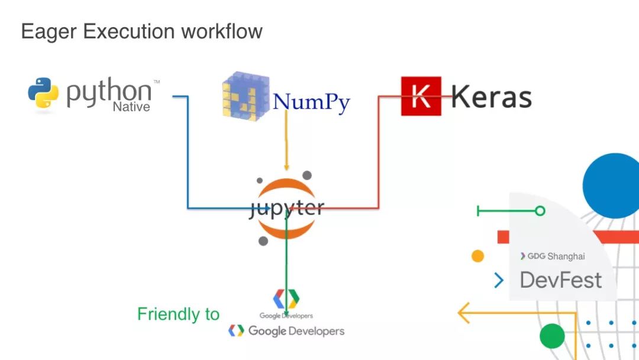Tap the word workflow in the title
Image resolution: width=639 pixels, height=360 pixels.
click(221, 31)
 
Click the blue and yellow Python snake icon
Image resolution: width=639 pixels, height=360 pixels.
click(43, 94)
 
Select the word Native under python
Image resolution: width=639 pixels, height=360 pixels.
click(131, 107)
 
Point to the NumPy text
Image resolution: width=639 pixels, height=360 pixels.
click(311, 102)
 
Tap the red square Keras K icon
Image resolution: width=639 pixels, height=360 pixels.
click(421, 96)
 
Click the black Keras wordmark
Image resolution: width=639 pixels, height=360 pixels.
click(491, 97)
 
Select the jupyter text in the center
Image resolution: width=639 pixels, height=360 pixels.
click(286, 208)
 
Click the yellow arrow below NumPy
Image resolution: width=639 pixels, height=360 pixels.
click(287, 142)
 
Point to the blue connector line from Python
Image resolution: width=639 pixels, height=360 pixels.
click(188, 154)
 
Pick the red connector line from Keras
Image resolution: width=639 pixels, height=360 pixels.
click(379, 154)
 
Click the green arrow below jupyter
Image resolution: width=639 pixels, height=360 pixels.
click(286, 266)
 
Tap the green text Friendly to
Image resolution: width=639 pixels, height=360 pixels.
click(178, 314)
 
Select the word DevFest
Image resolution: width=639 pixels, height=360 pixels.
click(560, 280)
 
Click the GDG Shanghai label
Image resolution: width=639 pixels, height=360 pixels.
click(553, 256)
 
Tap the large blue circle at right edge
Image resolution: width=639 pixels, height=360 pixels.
click(612, 185)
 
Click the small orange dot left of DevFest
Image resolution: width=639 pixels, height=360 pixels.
click(477, 256)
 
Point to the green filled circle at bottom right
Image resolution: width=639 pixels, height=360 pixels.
click(552, 336)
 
